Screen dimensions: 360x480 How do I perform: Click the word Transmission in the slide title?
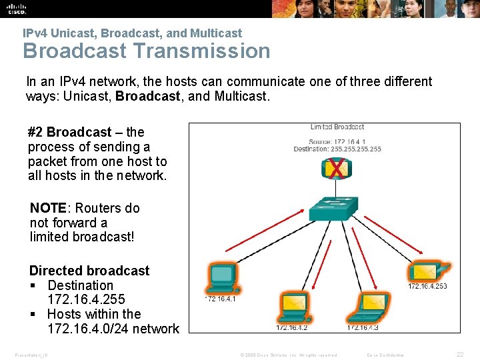click(201, 51)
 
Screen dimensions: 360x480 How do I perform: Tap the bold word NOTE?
click(47, 208)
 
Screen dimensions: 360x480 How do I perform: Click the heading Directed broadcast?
click(89, 271)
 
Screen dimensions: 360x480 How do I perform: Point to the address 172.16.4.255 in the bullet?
click(86, 299)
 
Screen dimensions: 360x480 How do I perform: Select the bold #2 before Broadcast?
click(35, 132)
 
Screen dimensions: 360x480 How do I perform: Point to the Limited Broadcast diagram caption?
click(337, 127)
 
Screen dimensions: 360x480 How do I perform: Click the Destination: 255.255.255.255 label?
click(337, 149)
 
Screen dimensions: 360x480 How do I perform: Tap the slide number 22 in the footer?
click(459, 355)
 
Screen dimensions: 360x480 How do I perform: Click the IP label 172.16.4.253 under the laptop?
click(427, 287)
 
